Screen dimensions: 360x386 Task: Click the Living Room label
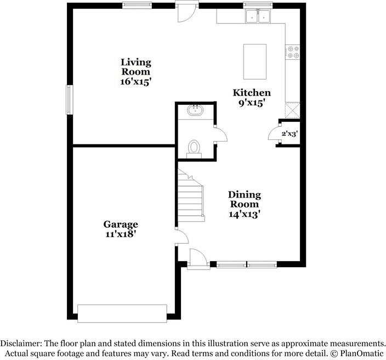[x=136, y=67]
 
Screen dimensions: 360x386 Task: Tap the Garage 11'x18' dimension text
[x=121, y=234]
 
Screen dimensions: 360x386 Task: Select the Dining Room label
[x=245, y=199]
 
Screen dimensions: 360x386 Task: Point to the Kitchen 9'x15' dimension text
[x=252, y=103]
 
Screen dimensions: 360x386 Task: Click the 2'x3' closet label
[x=289, y=133]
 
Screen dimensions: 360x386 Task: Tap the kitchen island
[x=254, y=62]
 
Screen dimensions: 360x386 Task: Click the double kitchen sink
[x=258, y=16]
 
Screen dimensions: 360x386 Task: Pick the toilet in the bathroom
[x=194, y=148]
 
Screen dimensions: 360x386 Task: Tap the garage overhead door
[x=122, y=313]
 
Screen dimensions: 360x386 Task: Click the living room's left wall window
[x=70, y=99]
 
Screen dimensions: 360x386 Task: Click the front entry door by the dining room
[x=198, y=260]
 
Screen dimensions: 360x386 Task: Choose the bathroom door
[x=220, y=135]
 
